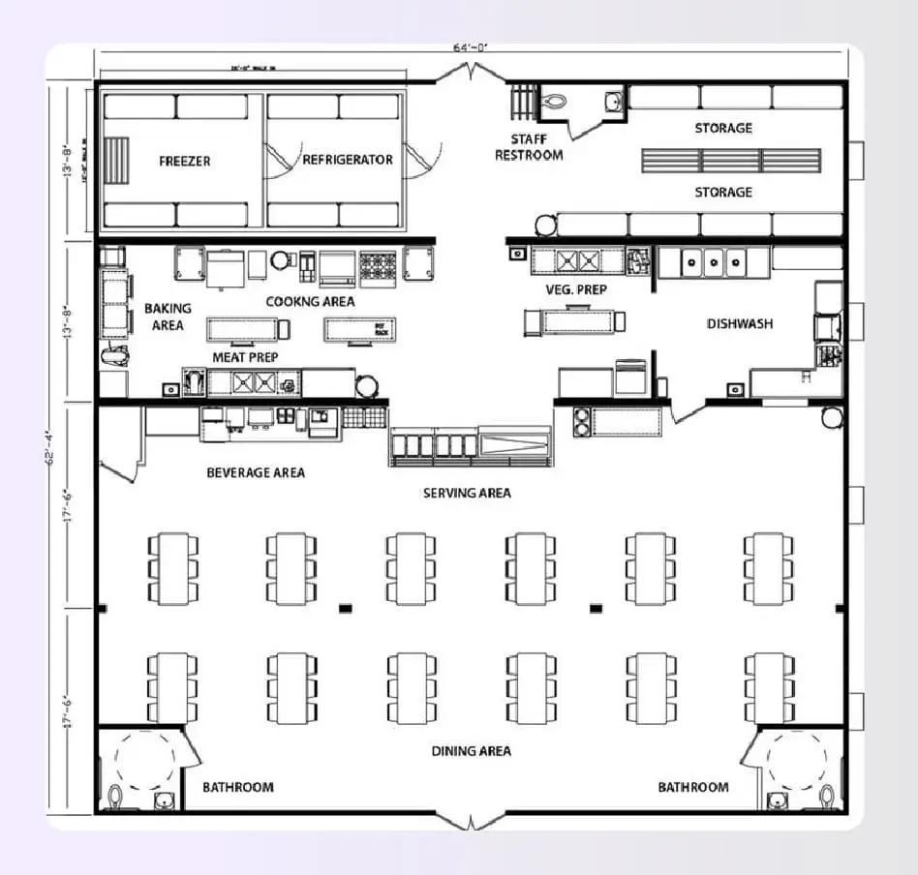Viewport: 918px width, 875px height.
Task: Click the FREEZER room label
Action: [x=185, y=161]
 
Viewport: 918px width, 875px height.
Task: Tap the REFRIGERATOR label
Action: [x=348, y=160]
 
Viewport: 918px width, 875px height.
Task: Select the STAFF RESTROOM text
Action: [x=529, y=147]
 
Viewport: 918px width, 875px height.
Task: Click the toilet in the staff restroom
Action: [x=555, y=100]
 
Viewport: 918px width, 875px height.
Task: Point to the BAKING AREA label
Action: [x=168, y=317]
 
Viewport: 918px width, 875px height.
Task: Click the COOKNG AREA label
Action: [x=310, y=301]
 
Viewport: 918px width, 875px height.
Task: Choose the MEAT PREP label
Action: [x=245, y=357]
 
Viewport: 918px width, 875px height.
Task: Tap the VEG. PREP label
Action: [x=575, y=289]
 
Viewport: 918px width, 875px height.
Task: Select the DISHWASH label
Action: [x=740, y=323]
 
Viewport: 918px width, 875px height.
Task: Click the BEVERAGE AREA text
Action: [x=256, y=472]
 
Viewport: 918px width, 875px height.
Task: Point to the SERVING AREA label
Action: [x=467, y=493]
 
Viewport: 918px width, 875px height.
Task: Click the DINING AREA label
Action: [x=471, y=750]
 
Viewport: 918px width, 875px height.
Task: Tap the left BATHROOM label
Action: [x=237, y=787]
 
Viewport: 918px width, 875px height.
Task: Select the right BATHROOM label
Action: [x=693, y=787]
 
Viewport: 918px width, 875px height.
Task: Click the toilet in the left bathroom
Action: [x=116, y=798]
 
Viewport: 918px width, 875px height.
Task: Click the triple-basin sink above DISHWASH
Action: [x=713, y=261]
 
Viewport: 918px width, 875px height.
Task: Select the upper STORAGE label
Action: [x=723, y=128]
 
